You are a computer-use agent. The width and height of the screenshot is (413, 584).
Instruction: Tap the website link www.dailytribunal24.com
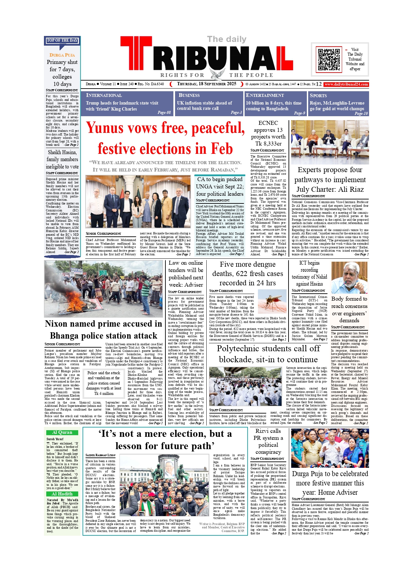tap(346, 84)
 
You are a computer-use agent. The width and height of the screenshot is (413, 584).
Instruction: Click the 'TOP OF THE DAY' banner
tap(62, 40)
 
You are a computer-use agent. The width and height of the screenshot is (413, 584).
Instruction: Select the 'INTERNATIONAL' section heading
tap(104, 95)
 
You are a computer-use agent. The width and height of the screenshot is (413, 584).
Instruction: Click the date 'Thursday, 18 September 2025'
tap(206, 84)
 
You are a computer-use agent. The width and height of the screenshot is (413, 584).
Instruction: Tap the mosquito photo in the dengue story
tap(272, 301)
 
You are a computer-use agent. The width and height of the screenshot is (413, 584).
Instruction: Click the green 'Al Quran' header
tap(62, 432)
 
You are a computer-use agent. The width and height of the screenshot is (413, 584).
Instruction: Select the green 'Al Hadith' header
tap(62, 494)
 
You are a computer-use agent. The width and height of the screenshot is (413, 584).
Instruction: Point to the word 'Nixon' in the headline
tap(60, 324)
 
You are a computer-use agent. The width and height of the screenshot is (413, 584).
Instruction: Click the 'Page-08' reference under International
tap(164, 113)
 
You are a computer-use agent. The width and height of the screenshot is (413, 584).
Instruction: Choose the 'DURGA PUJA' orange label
tap(62, 55)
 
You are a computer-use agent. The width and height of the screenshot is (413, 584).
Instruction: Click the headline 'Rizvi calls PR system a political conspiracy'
tap(268, 441)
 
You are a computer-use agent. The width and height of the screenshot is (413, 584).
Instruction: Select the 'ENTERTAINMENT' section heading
tap(265, 95)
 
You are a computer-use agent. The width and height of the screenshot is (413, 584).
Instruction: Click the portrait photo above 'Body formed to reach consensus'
tap(349, 277)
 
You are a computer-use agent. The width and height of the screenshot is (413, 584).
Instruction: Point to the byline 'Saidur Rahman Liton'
tap(100, 455)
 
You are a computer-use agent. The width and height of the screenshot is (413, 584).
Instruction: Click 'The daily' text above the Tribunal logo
tap(227, 39)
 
